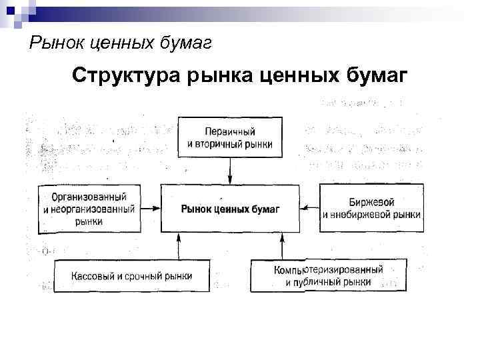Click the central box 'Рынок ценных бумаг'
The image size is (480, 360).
[230, 209]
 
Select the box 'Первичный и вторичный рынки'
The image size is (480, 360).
[230, 138]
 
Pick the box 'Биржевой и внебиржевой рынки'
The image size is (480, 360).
[371, 208]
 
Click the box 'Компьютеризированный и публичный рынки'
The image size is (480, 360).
[328, 276]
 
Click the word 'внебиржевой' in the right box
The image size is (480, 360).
[365, 215]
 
